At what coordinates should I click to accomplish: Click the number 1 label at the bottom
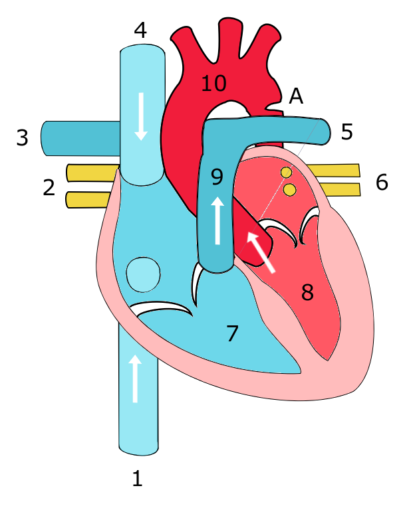[138, 478]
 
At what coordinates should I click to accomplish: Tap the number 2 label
[49, 188]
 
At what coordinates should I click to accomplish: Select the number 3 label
[22, 137]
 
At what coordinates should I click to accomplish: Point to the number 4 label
[140, 31]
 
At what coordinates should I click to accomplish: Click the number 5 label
[346, 132]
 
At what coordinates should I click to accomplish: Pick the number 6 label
[382, 182]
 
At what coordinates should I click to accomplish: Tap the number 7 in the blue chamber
[233, 333]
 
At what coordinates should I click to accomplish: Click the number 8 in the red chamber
[307, 292]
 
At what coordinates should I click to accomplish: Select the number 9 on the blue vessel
[217, 177]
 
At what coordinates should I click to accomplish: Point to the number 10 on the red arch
[213, 83]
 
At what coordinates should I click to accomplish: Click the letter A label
[296, 96]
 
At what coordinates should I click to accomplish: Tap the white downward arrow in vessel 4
[142, 116]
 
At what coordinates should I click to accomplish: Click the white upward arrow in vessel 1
[135, 379]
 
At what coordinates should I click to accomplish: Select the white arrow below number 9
[217, 220]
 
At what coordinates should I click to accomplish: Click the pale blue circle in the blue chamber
[143, 275]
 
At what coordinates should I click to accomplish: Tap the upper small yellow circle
[286, 172]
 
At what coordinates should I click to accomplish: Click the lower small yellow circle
[290, 190]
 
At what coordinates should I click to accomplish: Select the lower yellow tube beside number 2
[88, 200]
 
